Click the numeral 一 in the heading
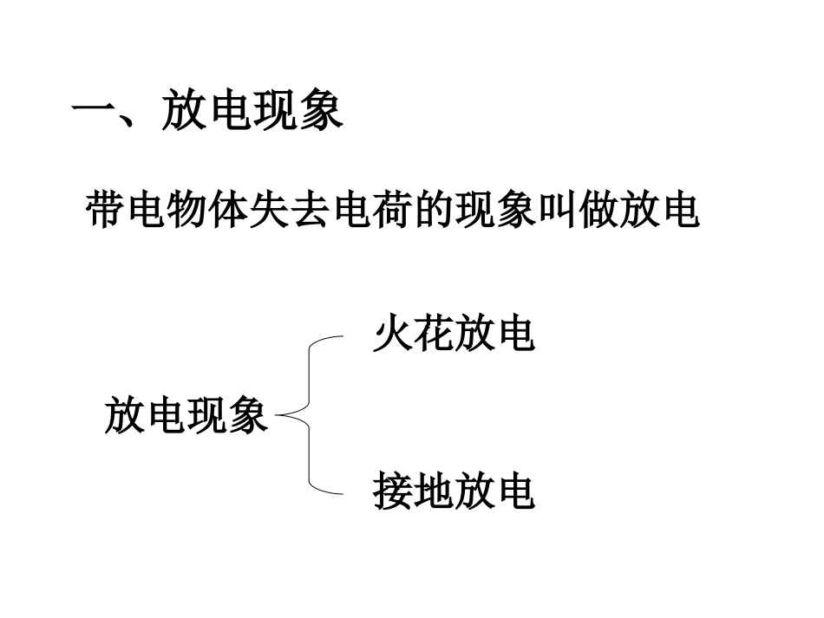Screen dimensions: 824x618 [94, 114]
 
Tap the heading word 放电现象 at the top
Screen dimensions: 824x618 [252, 113]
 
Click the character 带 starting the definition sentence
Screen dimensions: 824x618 [108, 211]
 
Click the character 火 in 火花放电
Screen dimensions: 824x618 [393, 334]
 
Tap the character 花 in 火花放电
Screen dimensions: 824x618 [434, 334]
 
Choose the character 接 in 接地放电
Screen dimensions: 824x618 [393, 491]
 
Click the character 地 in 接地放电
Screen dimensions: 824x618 [434, 491]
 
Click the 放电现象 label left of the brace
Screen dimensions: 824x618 [186, 416]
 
